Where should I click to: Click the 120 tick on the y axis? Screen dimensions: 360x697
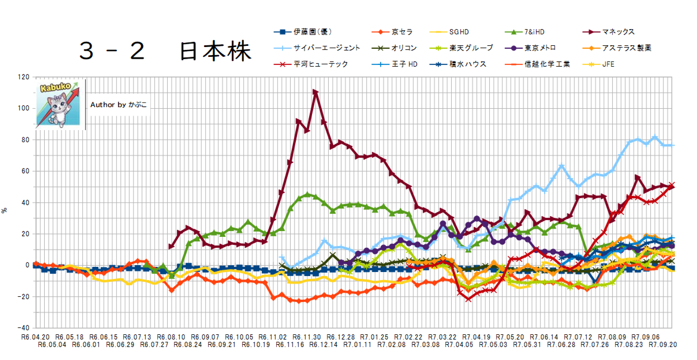pos(23,77)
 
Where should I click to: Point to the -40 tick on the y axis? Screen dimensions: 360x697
pos(23,328)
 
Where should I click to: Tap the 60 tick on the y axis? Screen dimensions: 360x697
pos(25,171)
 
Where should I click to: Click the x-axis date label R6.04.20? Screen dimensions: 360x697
pos(35,337)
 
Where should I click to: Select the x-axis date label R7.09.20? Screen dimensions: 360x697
pos(663,345)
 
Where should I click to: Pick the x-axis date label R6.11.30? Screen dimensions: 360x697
pos(307,337)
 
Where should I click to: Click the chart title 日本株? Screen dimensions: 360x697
pos(215,51)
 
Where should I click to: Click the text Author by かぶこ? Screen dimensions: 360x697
pos(118,105)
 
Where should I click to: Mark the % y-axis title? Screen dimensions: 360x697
pos(4,211)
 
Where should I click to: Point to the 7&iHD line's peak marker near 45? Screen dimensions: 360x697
pos(307,195)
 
